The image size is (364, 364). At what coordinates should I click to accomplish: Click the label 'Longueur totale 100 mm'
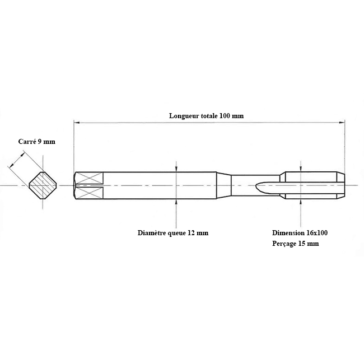[207, 115]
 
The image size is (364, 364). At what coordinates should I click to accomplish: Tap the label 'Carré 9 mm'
[37, 141]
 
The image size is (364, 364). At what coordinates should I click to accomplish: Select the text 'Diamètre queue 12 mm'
[173, 233]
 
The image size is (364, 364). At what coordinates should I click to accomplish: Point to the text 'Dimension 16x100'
[300, 232]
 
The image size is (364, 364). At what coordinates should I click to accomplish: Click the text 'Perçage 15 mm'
[295, 244]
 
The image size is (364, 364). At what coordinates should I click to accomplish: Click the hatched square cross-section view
[43, 185]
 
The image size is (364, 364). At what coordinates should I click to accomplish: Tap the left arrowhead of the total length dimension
[77, 123]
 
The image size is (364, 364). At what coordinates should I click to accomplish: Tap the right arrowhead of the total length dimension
[342, 123]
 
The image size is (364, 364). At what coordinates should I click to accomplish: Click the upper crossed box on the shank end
[90, 178]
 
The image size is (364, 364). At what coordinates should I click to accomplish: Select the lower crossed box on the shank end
[90, 193]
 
